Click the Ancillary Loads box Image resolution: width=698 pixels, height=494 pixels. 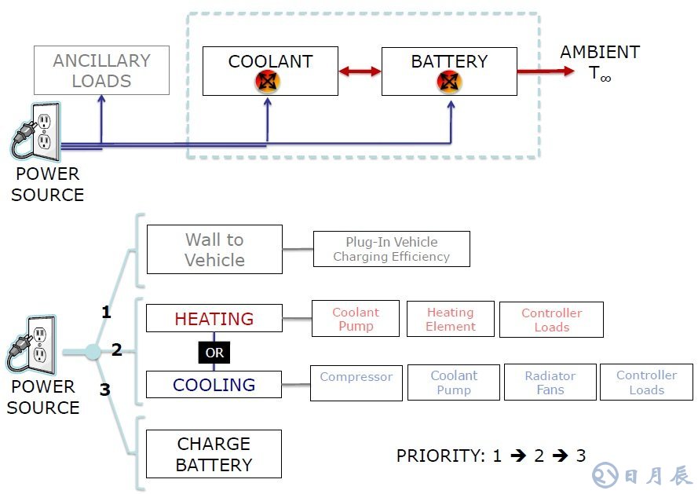click(x=101, y=71)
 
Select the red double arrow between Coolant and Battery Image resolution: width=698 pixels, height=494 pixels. click(x=360, y=71)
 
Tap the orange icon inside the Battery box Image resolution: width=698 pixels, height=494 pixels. click(x=449, y=81)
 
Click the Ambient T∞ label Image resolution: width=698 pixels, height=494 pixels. click(x=600, y=63)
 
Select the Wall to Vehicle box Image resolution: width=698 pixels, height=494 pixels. click(x=214, y=250)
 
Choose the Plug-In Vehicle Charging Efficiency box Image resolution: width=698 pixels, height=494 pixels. click(x=391, y=249)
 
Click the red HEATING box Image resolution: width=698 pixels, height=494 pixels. click(x=214, y=318)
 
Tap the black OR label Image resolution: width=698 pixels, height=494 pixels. click(x=214, y=353)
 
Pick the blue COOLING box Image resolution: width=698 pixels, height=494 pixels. click(x=214, y=384)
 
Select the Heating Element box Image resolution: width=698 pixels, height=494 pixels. click(x=451, y=319)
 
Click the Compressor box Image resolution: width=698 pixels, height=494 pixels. click(x=356, y=382)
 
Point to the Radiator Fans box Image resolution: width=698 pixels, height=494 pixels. click(x=550, y=382)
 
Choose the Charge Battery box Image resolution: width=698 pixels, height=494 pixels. click(x=214, y=454)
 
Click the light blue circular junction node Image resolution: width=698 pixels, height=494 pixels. click(x=93, y=352)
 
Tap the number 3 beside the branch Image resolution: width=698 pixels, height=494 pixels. click(x=104, y=388)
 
